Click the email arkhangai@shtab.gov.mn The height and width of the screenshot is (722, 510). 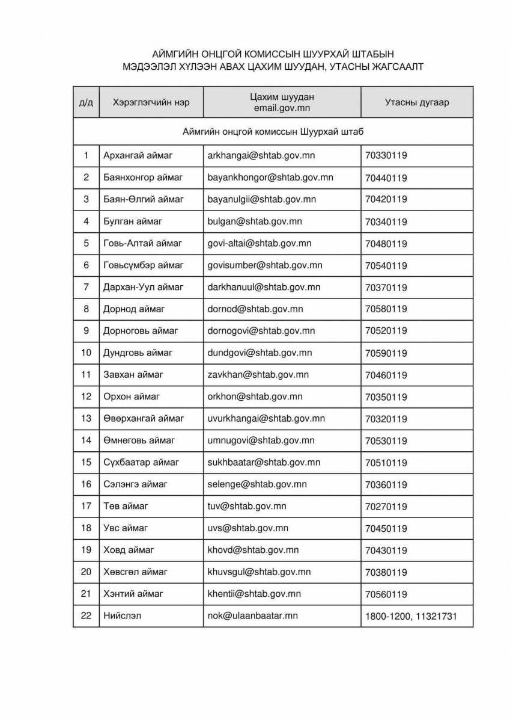(x=261, y=156)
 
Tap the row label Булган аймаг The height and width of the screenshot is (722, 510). (x=133, y=221)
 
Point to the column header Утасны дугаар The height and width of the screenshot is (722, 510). (x=416, y=102)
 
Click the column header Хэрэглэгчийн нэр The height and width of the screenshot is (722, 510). (x=151, y=102)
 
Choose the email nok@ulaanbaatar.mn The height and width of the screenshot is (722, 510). (x=252, y=616)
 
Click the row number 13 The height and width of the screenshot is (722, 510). (x=86, y=418)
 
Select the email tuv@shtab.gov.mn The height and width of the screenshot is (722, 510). (x=246, y=506)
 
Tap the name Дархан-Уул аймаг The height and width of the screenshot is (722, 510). (x=144, y=287)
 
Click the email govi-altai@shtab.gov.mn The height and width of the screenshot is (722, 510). (x=260, y=244)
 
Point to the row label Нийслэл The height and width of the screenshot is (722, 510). (x=123, y=616)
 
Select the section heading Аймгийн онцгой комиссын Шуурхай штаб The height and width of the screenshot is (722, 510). (x=273, y=132)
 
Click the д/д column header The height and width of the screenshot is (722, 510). (x=86, y=102)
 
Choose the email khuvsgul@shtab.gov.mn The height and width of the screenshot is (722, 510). (x=259, y=572)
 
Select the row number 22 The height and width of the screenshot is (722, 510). (x=86, y=616)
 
